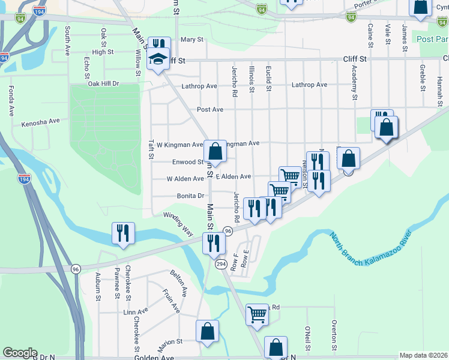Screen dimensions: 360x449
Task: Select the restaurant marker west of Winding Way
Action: pos(123,233)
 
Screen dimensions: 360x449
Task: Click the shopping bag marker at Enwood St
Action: pos(215,151)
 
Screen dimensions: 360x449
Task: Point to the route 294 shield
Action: pos(220,264)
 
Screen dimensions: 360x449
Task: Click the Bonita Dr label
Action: pos(191,196)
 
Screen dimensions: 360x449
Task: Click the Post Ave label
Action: pos(210,110)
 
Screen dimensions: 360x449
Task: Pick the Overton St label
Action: pos(334,335)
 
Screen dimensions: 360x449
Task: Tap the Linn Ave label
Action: pos(135,312)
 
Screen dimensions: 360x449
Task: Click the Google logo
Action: pos(20,353)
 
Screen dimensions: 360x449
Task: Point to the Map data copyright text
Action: pos(423,355)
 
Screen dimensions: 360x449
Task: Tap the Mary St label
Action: pos(192,40)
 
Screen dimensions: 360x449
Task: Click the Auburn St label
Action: pos(97,283)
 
